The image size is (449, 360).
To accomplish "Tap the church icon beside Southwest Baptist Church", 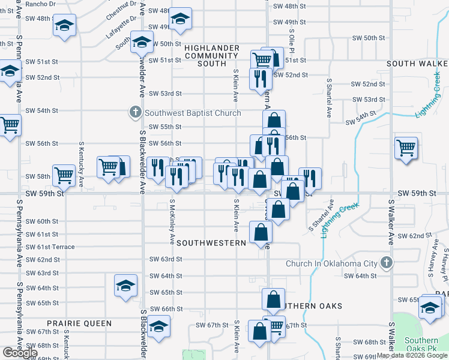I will coord(136,112).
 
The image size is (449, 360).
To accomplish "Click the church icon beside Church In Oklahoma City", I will coord(387,263).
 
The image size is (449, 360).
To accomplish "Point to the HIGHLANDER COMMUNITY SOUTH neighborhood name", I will coord(212,56).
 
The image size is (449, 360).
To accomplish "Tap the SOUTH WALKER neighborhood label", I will coord(417,64).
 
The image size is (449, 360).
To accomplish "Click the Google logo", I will coord(20,353).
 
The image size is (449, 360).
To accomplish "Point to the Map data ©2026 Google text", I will coord(412,355).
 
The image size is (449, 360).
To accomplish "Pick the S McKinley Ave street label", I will coord(172,222).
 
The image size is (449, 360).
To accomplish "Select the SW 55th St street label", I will coord(165,127).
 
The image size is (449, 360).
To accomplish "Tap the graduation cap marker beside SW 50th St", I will coord(142,43).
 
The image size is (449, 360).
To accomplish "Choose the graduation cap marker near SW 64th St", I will coord(125,285).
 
